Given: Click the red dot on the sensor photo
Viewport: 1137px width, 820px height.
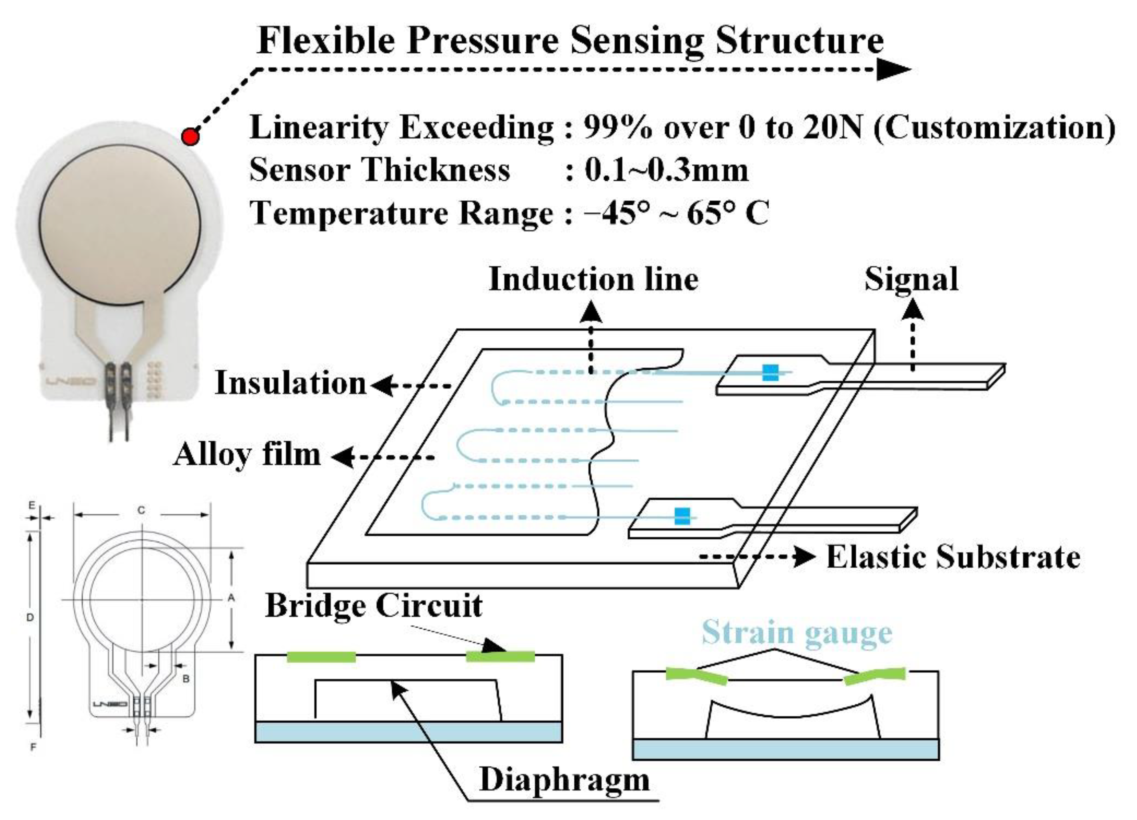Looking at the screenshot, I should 190,136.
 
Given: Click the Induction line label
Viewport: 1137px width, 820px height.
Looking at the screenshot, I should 594,279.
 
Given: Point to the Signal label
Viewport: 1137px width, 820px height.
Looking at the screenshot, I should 911,279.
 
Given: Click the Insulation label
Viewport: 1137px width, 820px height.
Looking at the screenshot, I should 291,383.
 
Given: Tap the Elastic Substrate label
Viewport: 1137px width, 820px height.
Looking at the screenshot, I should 953,557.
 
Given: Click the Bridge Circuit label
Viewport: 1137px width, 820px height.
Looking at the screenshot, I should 374,605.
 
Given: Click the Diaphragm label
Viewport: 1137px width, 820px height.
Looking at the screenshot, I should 564,780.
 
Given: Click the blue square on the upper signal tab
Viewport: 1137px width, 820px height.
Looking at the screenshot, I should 771,373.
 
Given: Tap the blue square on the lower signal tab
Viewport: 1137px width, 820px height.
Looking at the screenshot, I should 682,516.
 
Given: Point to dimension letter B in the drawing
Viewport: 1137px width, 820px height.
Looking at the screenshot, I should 186,679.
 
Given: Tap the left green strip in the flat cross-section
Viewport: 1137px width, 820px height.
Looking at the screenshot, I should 321,657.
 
